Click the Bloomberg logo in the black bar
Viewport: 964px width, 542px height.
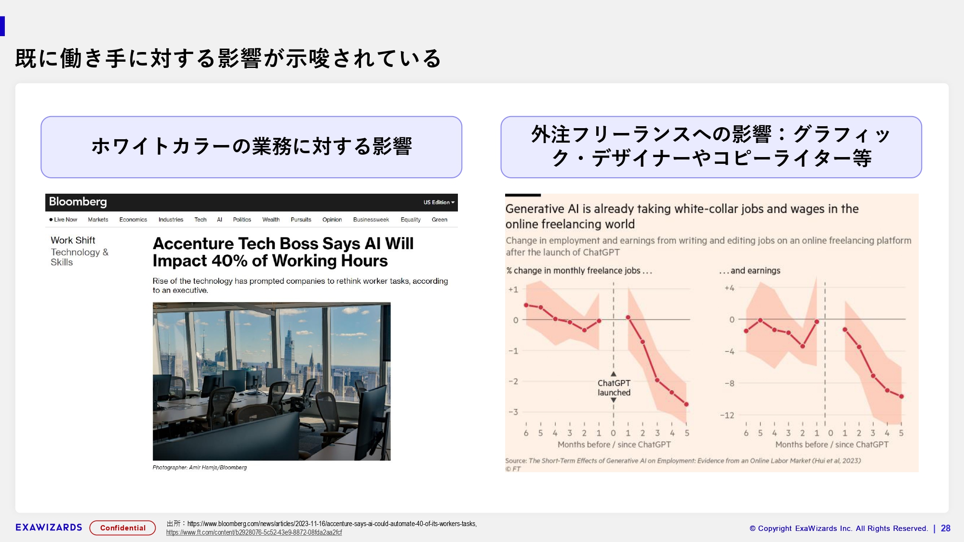pyautogui.click(x=78, y=202)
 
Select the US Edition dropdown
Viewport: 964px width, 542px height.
pyautogui.click(x=439, y=202)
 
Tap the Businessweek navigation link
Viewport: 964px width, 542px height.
pyautogui.click(x=371, y=220)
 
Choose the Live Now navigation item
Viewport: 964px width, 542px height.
pyautogui.click(x=63, y=220)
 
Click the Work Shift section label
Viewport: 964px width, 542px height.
pyautogui.click(x=73, y=240)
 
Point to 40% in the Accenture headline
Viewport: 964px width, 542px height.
pyautogui.click(x=229, y=261)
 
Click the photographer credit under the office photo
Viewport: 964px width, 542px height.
pyautogui.click(x=200, y=467)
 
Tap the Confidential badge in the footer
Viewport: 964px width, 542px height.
pyautogui.click(x=122, y=528)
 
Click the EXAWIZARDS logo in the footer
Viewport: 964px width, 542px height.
pyautogui.click(x=49, y=528)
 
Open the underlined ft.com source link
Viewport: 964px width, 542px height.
pyautogui.click(x=254, y=532)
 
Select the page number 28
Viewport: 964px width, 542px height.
pyautogui.click(x=946, y=529)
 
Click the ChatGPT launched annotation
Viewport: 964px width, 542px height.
pyautogui.click(x=614, y=388)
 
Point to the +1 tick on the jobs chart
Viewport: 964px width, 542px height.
pyautogui.click(x=513, y=290)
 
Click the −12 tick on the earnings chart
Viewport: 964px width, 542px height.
pyautogui.click(x=727, y=415)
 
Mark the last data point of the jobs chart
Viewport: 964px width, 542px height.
pyautogui.click(x=686, y=404)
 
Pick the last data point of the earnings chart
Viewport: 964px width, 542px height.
pyautogui.click(x=901, y=397)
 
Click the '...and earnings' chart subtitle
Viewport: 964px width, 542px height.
pyautogui.click(x=750, y=271)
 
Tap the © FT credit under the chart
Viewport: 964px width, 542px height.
pyautogui.click(x=513, y=469)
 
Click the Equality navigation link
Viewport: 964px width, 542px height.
pyautogui.click(x=410, y=220)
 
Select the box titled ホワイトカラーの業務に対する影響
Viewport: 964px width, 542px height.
pyautogui.click(x=251, y=147)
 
